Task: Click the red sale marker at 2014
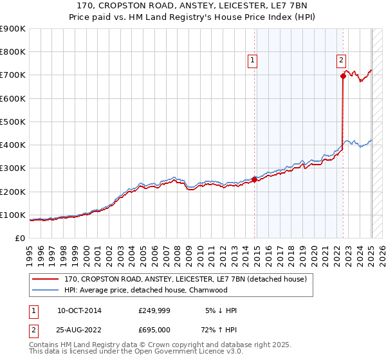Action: pos(254,180)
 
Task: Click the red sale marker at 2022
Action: pos(343,76)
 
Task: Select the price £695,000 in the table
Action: pos(154,330)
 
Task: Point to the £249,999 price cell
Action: pos(154,310)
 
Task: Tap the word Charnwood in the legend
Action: pos(207,290)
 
